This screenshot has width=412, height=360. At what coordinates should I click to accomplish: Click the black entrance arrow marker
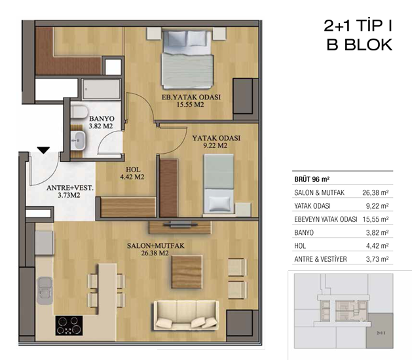coord(43,150)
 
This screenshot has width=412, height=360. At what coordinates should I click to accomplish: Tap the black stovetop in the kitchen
coord(69,325)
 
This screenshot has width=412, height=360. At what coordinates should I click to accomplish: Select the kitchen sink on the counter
coord(45,291)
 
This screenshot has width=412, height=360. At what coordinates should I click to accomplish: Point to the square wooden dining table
coord(187,272)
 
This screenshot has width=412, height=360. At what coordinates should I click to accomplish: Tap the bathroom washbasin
coord(78,141)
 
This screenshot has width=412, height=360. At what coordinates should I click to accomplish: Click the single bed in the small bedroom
coord(219,183)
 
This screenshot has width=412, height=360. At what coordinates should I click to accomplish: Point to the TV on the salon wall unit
coord(180,225)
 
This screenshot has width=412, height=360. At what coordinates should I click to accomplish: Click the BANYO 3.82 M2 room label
coord(101,122)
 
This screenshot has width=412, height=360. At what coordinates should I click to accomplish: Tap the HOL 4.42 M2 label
coord(132,173)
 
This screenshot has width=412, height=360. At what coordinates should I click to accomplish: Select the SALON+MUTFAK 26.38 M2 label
coord(155,249)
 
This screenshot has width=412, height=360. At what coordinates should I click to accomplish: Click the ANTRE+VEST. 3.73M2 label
coord(69,191)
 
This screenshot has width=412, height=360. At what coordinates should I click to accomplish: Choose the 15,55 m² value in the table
coord(375,219)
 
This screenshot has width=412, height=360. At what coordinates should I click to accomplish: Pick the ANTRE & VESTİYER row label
coord(320,259)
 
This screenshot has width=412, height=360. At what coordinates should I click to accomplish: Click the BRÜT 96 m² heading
coord(312,179)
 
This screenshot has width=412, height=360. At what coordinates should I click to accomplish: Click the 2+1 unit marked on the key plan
coord(381,333)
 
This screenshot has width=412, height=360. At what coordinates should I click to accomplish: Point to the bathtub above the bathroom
coord(101,89)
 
